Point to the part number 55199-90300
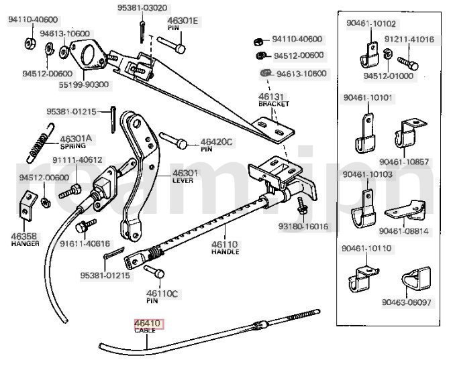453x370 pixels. [84, 84]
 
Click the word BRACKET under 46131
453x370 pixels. [273, 105]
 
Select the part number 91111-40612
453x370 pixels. [78, 160]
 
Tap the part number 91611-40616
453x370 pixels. [85, 244]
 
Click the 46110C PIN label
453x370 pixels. [162, 297]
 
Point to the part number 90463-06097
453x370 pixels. [407, 303]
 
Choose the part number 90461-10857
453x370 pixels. [403, 162]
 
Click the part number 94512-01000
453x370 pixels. [389, 76]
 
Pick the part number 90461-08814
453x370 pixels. [403, 231]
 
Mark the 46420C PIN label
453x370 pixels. [216, 145]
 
